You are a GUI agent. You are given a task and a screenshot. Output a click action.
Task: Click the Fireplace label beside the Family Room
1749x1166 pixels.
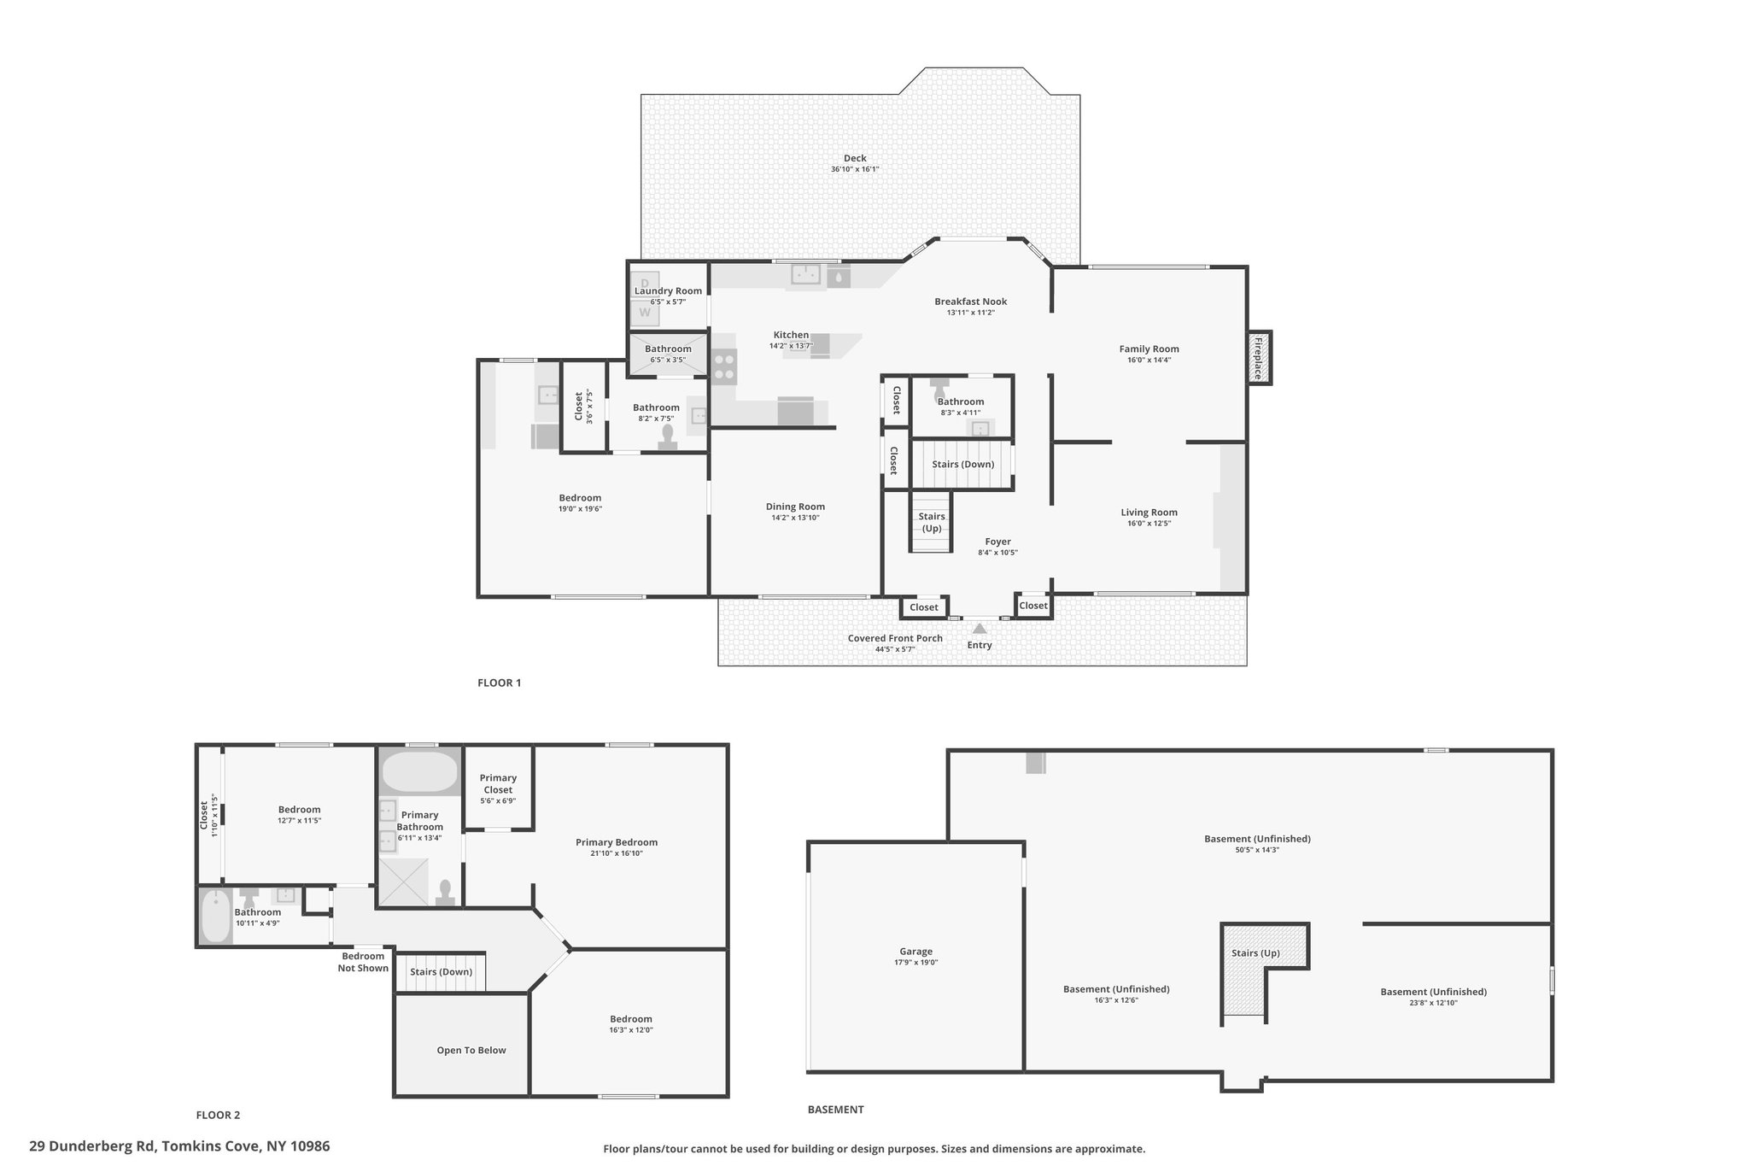tap(1258, 358)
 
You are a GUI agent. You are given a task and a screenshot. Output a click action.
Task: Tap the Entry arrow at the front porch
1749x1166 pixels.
tap(980, 629)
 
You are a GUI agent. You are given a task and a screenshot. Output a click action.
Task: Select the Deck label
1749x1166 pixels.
tap(855, 158)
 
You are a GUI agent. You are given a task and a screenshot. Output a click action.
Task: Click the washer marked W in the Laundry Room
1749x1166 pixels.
tap(645, 313)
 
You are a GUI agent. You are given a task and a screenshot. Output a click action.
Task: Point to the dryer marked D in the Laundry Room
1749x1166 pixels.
tap(645, 283)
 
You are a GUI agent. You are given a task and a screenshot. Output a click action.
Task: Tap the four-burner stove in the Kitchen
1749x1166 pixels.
tap(725, 366)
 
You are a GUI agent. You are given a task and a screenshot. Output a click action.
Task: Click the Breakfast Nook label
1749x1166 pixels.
tap(970, 302)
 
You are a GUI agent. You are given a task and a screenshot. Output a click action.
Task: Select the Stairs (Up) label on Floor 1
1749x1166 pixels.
tap(932, 522)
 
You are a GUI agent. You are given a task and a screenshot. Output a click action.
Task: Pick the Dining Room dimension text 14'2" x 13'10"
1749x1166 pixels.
tap(795, 518)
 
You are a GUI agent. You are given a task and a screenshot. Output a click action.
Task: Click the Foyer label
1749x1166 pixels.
tap(997, 542)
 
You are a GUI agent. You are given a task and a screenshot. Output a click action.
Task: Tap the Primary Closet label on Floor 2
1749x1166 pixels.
tap(498, 783)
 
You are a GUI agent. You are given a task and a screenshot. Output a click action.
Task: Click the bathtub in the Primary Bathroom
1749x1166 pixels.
tap(419, 771)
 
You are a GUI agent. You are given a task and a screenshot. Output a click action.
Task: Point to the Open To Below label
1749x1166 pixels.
tap(471, 1051)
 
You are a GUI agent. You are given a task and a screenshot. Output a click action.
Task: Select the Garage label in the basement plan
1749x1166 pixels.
tap(915, 952)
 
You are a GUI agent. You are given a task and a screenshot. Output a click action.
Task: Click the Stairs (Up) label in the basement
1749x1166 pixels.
tap(1255, 953)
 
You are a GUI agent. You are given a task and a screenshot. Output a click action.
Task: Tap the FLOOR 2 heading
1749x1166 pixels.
tap(218, 1115)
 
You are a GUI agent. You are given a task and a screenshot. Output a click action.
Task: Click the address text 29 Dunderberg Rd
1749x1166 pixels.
tap(91, 1146)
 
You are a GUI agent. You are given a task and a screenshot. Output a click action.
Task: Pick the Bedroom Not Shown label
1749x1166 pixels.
tap(363, 962)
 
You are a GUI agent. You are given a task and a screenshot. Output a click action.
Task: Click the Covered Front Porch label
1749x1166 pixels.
tap(895, 638)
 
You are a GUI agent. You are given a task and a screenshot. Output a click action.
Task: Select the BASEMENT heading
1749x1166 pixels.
tap(835, 1110)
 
